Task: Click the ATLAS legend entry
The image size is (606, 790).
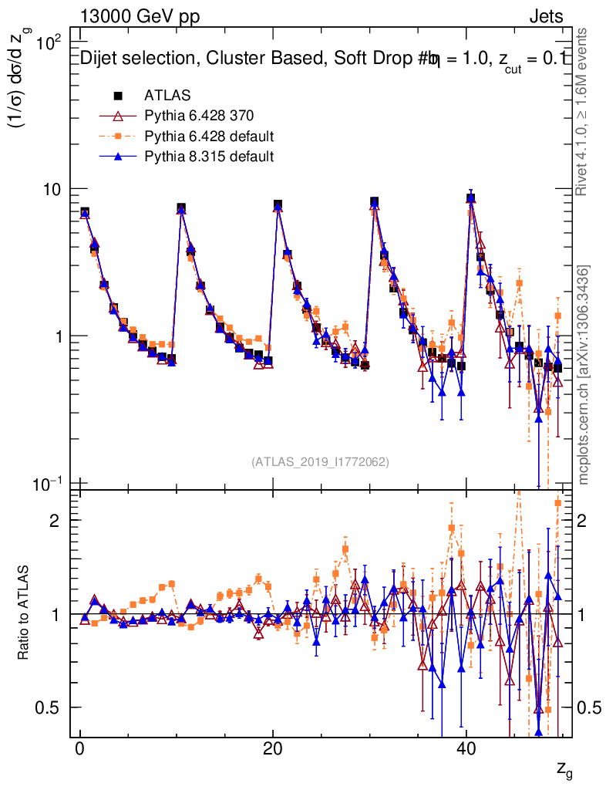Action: pyautogui.click(x=167, y=96)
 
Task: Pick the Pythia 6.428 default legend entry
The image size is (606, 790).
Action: pyautogui.click(x=209, y=137)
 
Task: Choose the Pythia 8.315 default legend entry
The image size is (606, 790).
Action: pyautogui.click(x=209, y=157)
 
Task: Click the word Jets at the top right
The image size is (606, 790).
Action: pyautogui.click(x=546, y=17)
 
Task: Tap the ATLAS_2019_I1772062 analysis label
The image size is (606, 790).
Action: pyautogui.click(x=320, y=462)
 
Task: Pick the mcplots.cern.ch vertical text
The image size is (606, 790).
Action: pyautogui.click(x=584, y=376)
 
